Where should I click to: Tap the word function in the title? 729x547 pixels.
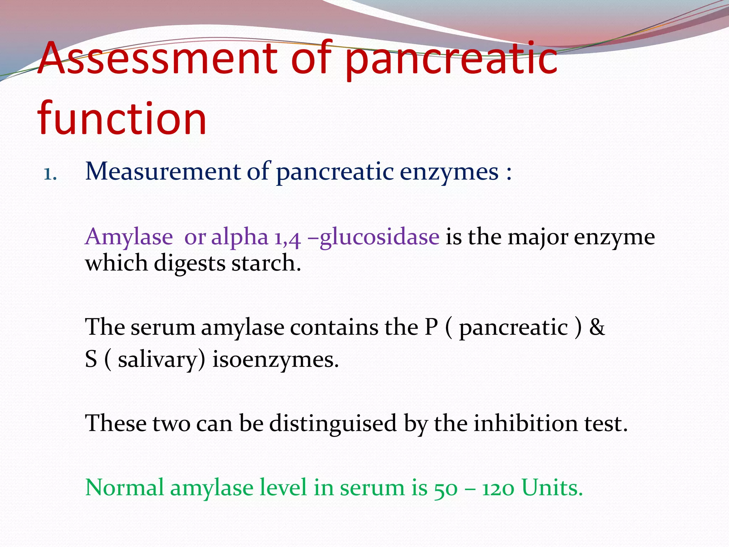(122, 119)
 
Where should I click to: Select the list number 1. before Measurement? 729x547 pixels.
(50, 174)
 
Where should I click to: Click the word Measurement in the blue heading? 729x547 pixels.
(163, 172)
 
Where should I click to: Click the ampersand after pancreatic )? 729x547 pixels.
(597, 327)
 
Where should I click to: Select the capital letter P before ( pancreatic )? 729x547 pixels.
(431, 327)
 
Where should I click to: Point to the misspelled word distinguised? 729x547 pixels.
(333, 424)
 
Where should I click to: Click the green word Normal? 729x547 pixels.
(125, 488)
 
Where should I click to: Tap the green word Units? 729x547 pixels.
(552, 488)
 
